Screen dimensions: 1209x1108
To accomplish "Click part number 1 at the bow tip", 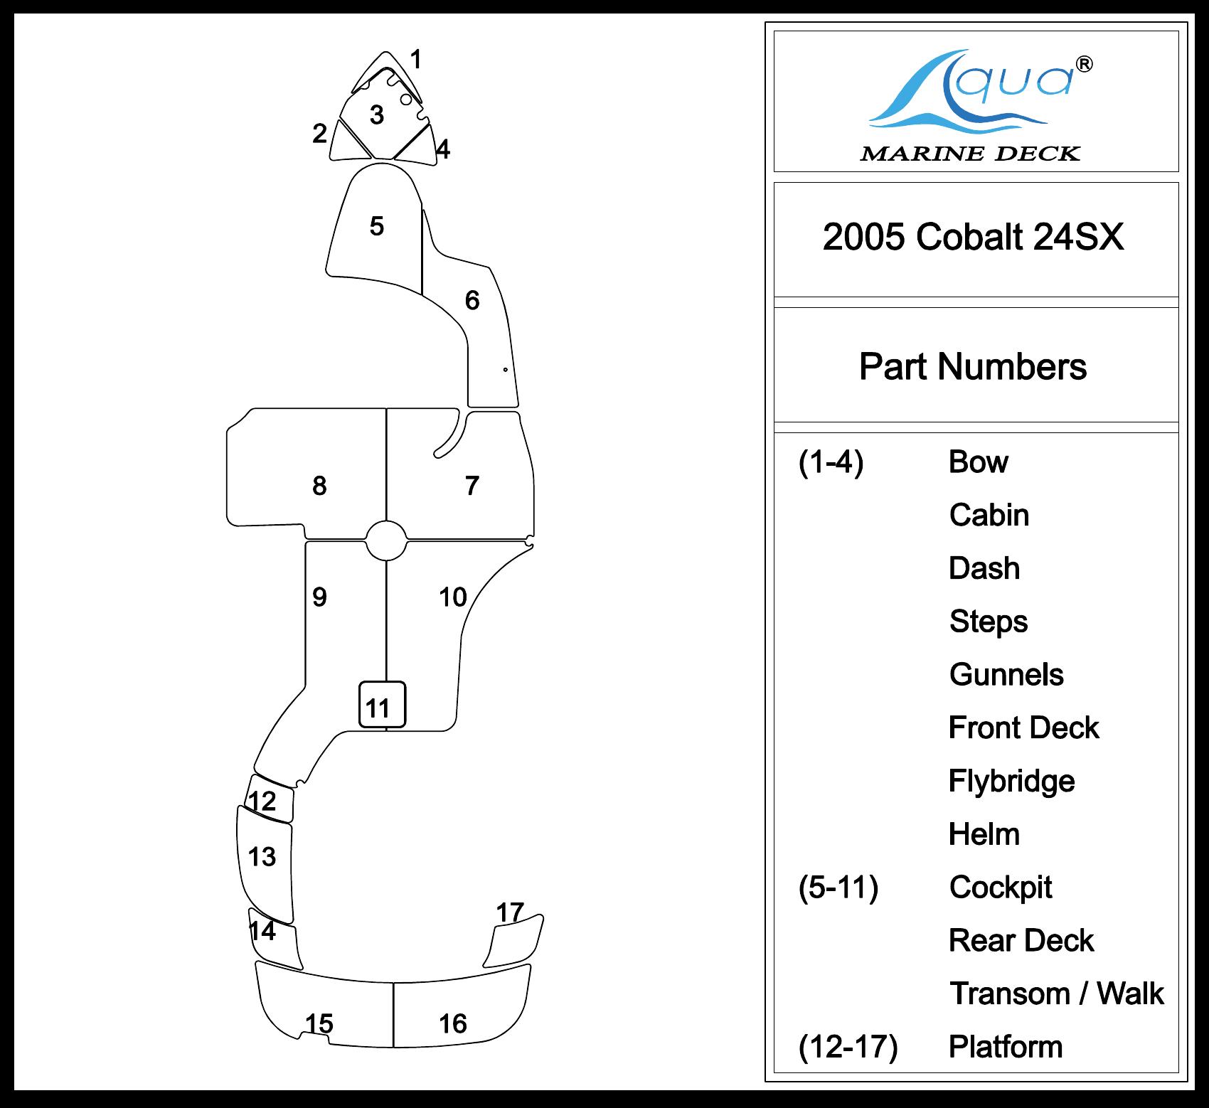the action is pos(416,60).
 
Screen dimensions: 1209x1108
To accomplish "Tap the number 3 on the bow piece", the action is pos(377,115).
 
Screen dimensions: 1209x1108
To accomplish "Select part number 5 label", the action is pos(377,226).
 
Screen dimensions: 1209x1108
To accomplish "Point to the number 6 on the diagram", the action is pos(472,301).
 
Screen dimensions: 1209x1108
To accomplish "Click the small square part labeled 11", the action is pos(382,705).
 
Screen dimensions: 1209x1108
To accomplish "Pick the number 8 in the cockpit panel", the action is pos(319,486).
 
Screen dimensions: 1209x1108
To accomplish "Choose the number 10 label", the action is pos(453,597).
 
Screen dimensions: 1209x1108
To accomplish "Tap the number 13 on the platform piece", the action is pos(262,857).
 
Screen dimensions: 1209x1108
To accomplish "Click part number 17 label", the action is pos(510,912).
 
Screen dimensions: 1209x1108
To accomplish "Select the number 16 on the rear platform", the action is pos(453,1024).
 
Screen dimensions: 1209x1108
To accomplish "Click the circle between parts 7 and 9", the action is pos(386,540).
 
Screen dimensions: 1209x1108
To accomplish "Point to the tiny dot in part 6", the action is pos(505,370).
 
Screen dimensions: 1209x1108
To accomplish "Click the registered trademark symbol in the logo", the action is pos(1085,65).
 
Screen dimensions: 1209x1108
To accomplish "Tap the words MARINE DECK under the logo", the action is pos(970,154).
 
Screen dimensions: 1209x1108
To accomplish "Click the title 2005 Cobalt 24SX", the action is pos(973,237).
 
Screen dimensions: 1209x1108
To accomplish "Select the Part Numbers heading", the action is pos(973,367).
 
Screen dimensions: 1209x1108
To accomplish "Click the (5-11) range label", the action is pos(838,888).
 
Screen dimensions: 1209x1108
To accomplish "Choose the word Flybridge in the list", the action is pos(1011,781).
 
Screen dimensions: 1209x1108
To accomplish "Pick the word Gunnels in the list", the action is pos(1006,675).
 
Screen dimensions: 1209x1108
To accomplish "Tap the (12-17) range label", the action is pos(848,1047).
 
